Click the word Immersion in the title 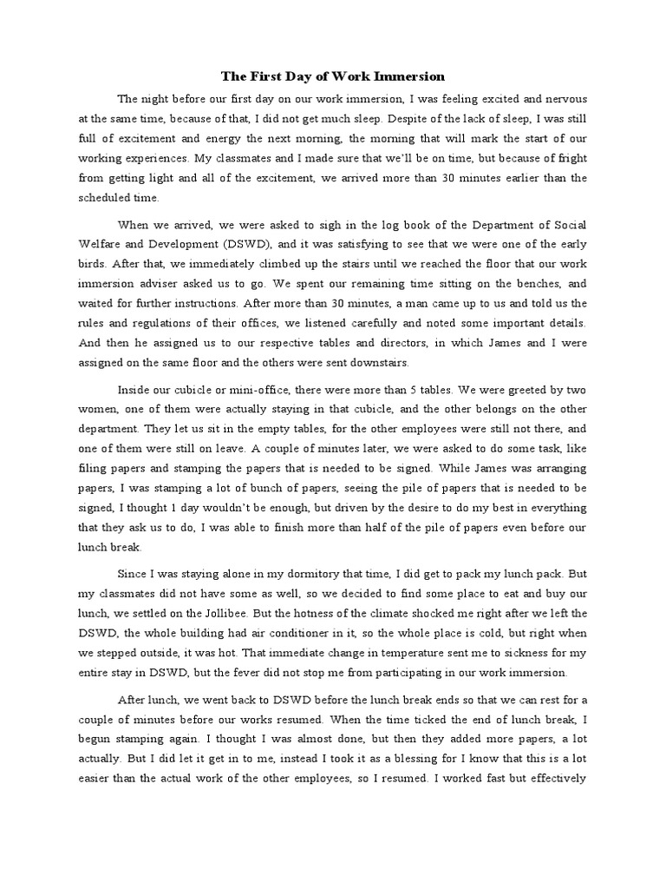tap(387, 77)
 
